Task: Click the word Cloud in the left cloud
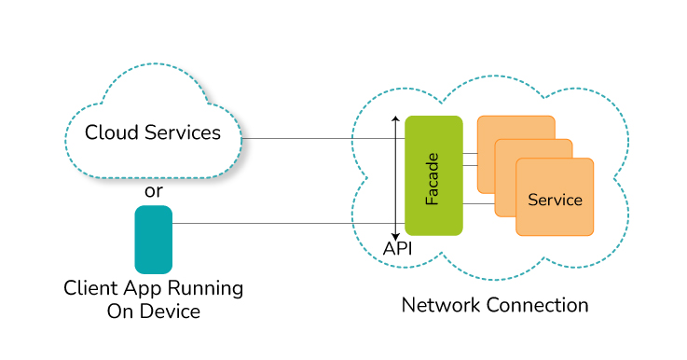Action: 112,132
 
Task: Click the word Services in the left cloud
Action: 183,132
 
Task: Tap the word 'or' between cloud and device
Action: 154,191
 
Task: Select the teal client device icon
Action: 154,240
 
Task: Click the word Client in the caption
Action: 90,288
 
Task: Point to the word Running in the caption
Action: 205,289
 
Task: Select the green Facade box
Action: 433,175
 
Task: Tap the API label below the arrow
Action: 397,249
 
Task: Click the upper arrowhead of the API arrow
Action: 395,118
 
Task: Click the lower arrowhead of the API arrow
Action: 395,237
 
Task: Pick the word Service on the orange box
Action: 556,200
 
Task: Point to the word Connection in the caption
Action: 532,305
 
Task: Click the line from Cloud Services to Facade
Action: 323,139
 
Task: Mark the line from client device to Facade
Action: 288,224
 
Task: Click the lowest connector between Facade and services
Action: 478,204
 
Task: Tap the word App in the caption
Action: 143,289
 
